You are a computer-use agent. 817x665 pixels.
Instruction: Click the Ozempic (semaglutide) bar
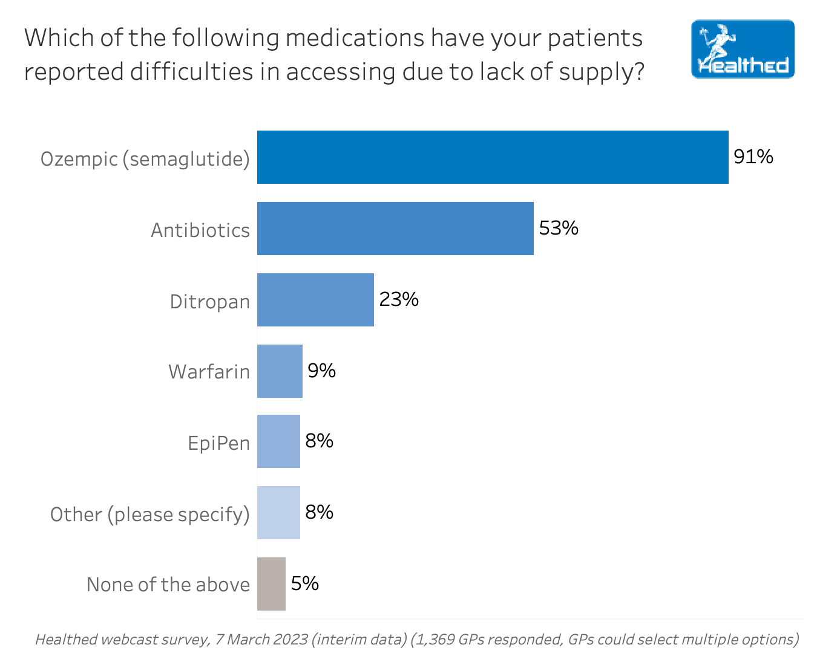click(x=493, y=157)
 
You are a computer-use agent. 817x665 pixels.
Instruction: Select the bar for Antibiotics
click(x=395, y=229)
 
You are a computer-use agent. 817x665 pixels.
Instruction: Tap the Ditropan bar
click(x=315, y=300)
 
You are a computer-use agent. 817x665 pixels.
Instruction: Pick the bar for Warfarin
click(x=280, y=371)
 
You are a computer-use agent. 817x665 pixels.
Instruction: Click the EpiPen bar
click(x=278, y=441)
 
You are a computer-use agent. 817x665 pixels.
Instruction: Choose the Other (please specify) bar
click(x=278, y=513)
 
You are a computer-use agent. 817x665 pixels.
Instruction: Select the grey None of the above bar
click(x=271, y=584)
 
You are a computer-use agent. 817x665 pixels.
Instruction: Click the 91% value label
click(x=753, y=157)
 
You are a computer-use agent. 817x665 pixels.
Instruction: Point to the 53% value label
click(x=559, y=229)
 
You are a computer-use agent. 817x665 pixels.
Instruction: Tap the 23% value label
click(x=399, y=300)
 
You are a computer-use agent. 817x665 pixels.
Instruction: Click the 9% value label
click(x=321, y=371)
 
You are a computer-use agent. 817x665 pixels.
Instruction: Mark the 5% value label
click(x=304, y=583)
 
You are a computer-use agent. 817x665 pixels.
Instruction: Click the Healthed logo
click(x=743, y=50)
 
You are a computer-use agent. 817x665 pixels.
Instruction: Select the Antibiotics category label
click(x=200, y=230)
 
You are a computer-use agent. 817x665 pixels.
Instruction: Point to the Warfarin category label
click(x=209, y=372)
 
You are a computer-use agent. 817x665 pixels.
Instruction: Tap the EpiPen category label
click(x=218, y=443)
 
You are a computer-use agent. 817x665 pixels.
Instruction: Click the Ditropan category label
click(x=209, y=302)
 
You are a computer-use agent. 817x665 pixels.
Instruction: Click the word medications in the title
click(x=355, y=38)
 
